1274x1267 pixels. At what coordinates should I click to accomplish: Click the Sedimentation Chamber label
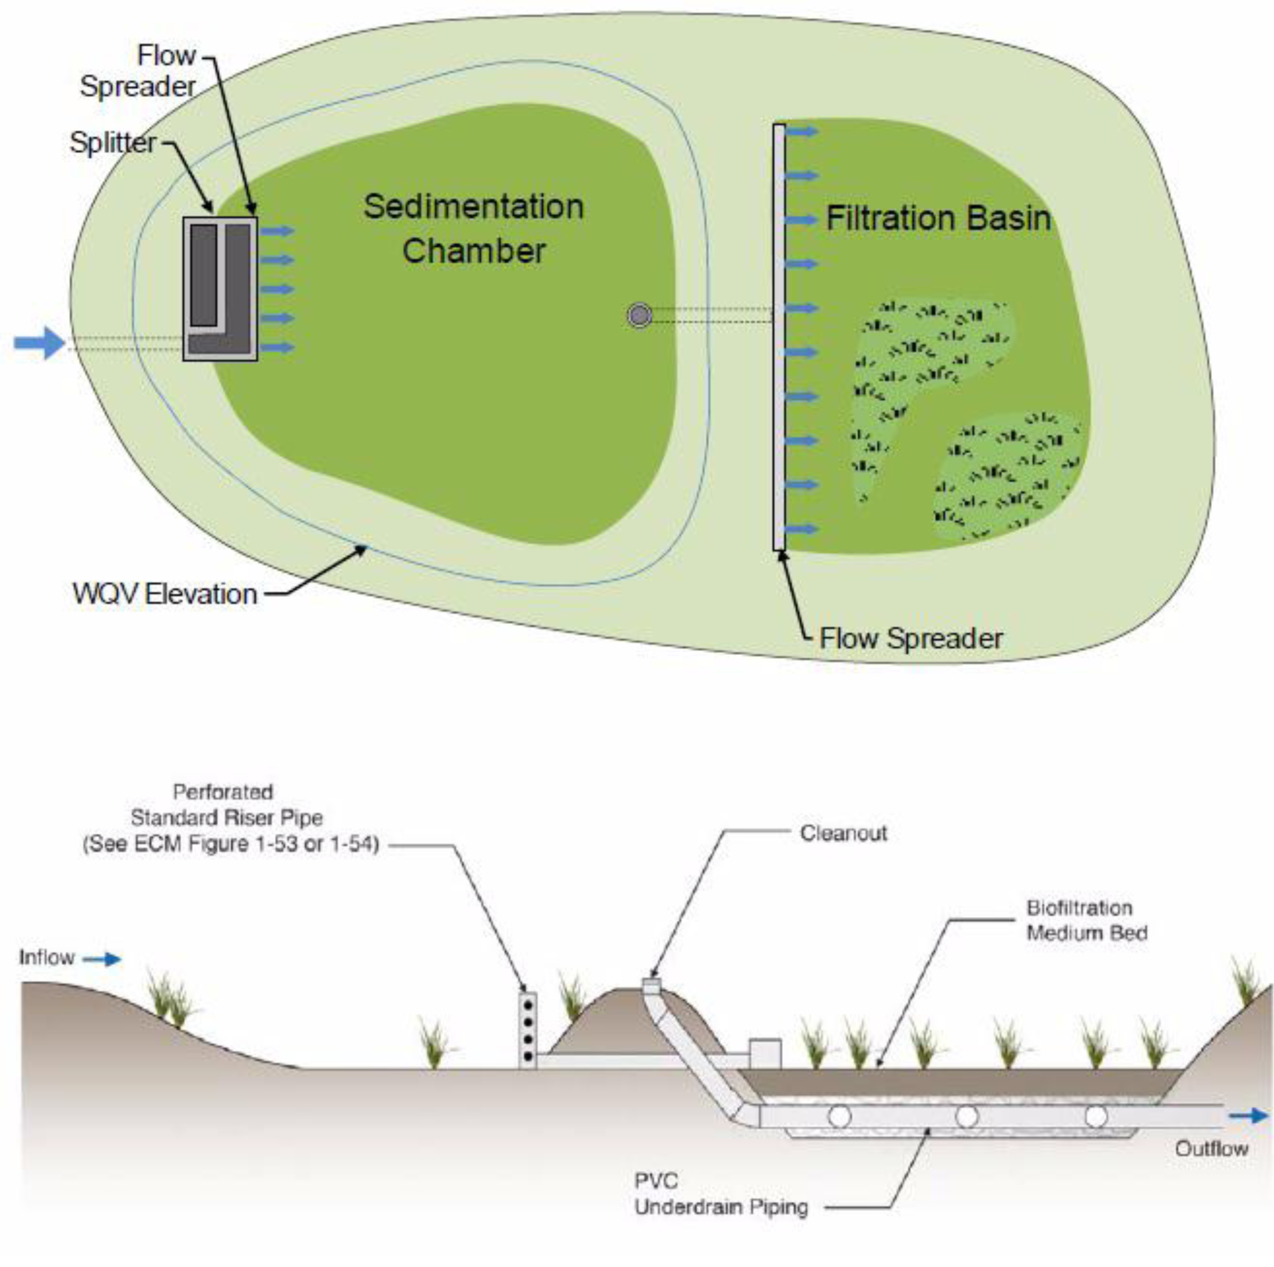[474, 228]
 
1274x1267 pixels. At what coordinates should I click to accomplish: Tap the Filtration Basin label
[938, 219]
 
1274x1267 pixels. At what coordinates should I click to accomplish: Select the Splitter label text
[113, 143]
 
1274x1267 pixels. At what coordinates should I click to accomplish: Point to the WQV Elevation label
[165, 594]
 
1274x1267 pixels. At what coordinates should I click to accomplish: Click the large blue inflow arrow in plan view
[40, 342]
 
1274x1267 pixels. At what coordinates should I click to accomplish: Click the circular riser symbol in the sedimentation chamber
[639, 315]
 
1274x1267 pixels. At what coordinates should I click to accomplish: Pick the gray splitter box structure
[220, 289]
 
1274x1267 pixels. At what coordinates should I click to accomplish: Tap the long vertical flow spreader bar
[779, 336]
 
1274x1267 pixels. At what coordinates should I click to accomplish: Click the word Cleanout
[843, 833]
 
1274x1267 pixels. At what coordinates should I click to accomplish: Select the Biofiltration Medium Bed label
[1086, 920]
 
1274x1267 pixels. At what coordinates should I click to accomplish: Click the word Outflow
[1211, 1149]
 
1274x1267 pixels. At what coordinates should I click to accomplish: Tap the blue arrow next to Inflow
[103, 959]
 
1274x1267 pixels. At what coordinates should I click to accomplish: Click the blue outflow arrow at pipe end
[1248, 1116]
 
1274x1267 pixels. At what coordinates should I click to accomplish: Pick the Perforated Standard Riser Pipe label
[231, 818]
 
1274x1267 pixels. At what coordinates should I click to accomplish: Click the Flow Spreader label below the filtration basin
[911, 638]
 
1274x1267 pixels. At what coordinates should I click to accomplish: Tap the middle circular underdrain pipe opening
[967, 1116]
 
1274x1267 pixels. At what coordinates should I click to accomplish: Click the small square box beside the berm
[765, 1053]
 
